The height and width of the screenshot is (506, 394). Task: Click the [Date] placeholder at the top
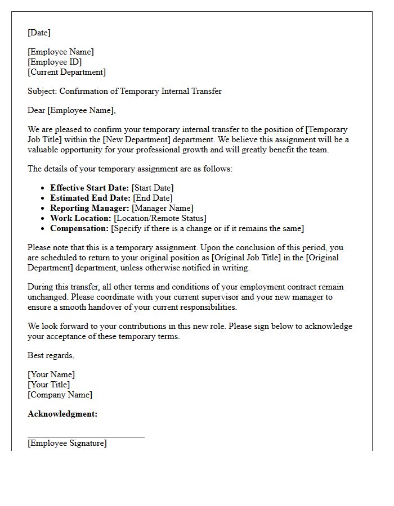coord(39,33)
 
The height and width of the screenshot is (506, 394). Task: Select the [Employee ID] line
coord(55,62)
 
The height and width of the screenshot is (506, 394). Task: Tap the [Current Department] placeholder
coord(66,72)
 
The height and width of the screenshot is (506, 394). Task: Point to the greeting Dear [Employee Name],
coord(71,110)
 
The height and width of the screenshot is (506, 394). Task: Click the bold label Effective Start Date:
coord(89,188)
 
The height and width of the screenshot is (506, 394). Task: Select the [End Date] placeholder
coord(153,198)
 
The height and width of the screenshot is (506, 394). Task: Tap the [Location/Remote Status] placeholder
coord(160,218)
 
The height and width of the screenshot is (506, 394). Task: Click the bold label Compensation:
coord(79,228)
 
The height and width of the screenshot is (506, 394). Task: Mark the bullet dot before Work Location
coord(43,219)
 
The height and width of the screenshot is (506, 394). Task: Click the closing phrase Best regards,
coord(51,355)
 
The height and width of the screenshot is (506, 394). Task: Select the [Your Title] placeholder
coord(49,385)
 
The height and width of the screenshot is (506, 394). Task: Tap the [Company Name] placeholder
coord(60,395)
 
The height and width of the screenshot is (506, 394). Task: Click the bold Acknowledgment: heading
coord(62,414)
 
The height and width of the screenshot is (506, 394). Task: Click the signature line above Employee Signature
coord(86,436)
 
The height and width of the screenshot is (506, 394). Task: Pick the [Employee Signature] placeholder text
coord(67,443)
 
